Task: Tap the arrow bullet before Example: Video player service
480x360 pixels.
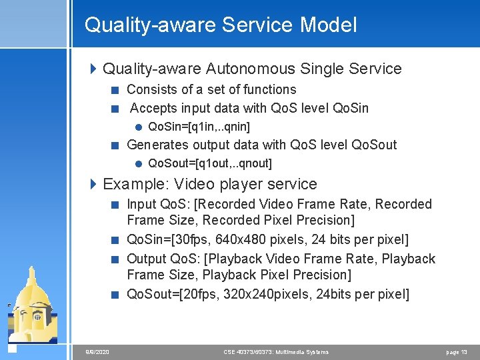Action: click(94, 184)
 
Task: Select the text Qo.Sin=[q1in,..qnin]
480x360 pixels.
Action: click(199, 127)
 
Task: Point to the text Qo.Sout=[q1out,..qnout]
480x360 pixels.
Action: click(209, 163)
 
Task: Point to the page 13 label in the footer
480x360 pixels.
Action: click(456, 352)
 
